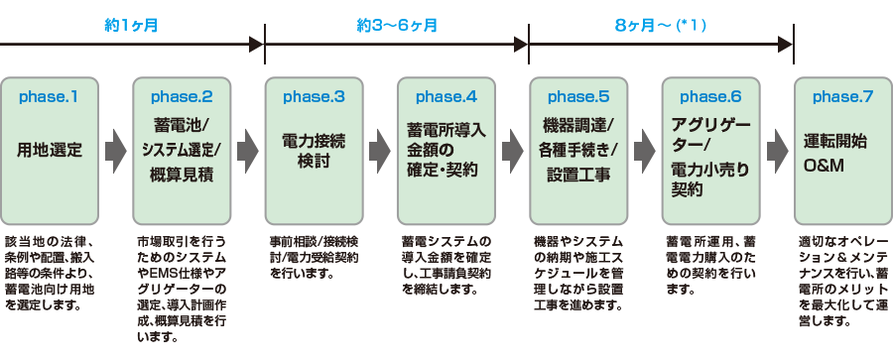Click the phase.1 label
pyautogui.click(x=50, y=97)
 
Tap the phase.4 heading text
pyautogui.click(x=446, y=97)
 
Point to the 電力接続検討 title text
pyautogui.click(x=314, y=151)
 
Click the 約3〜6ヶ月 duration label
pyautogui.click(x=396, y=23)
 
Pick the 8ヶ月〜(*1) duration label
pyautogui.click(x=660, y=23)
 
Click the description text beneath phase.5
pyautogui.click(x=578, y=272)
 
